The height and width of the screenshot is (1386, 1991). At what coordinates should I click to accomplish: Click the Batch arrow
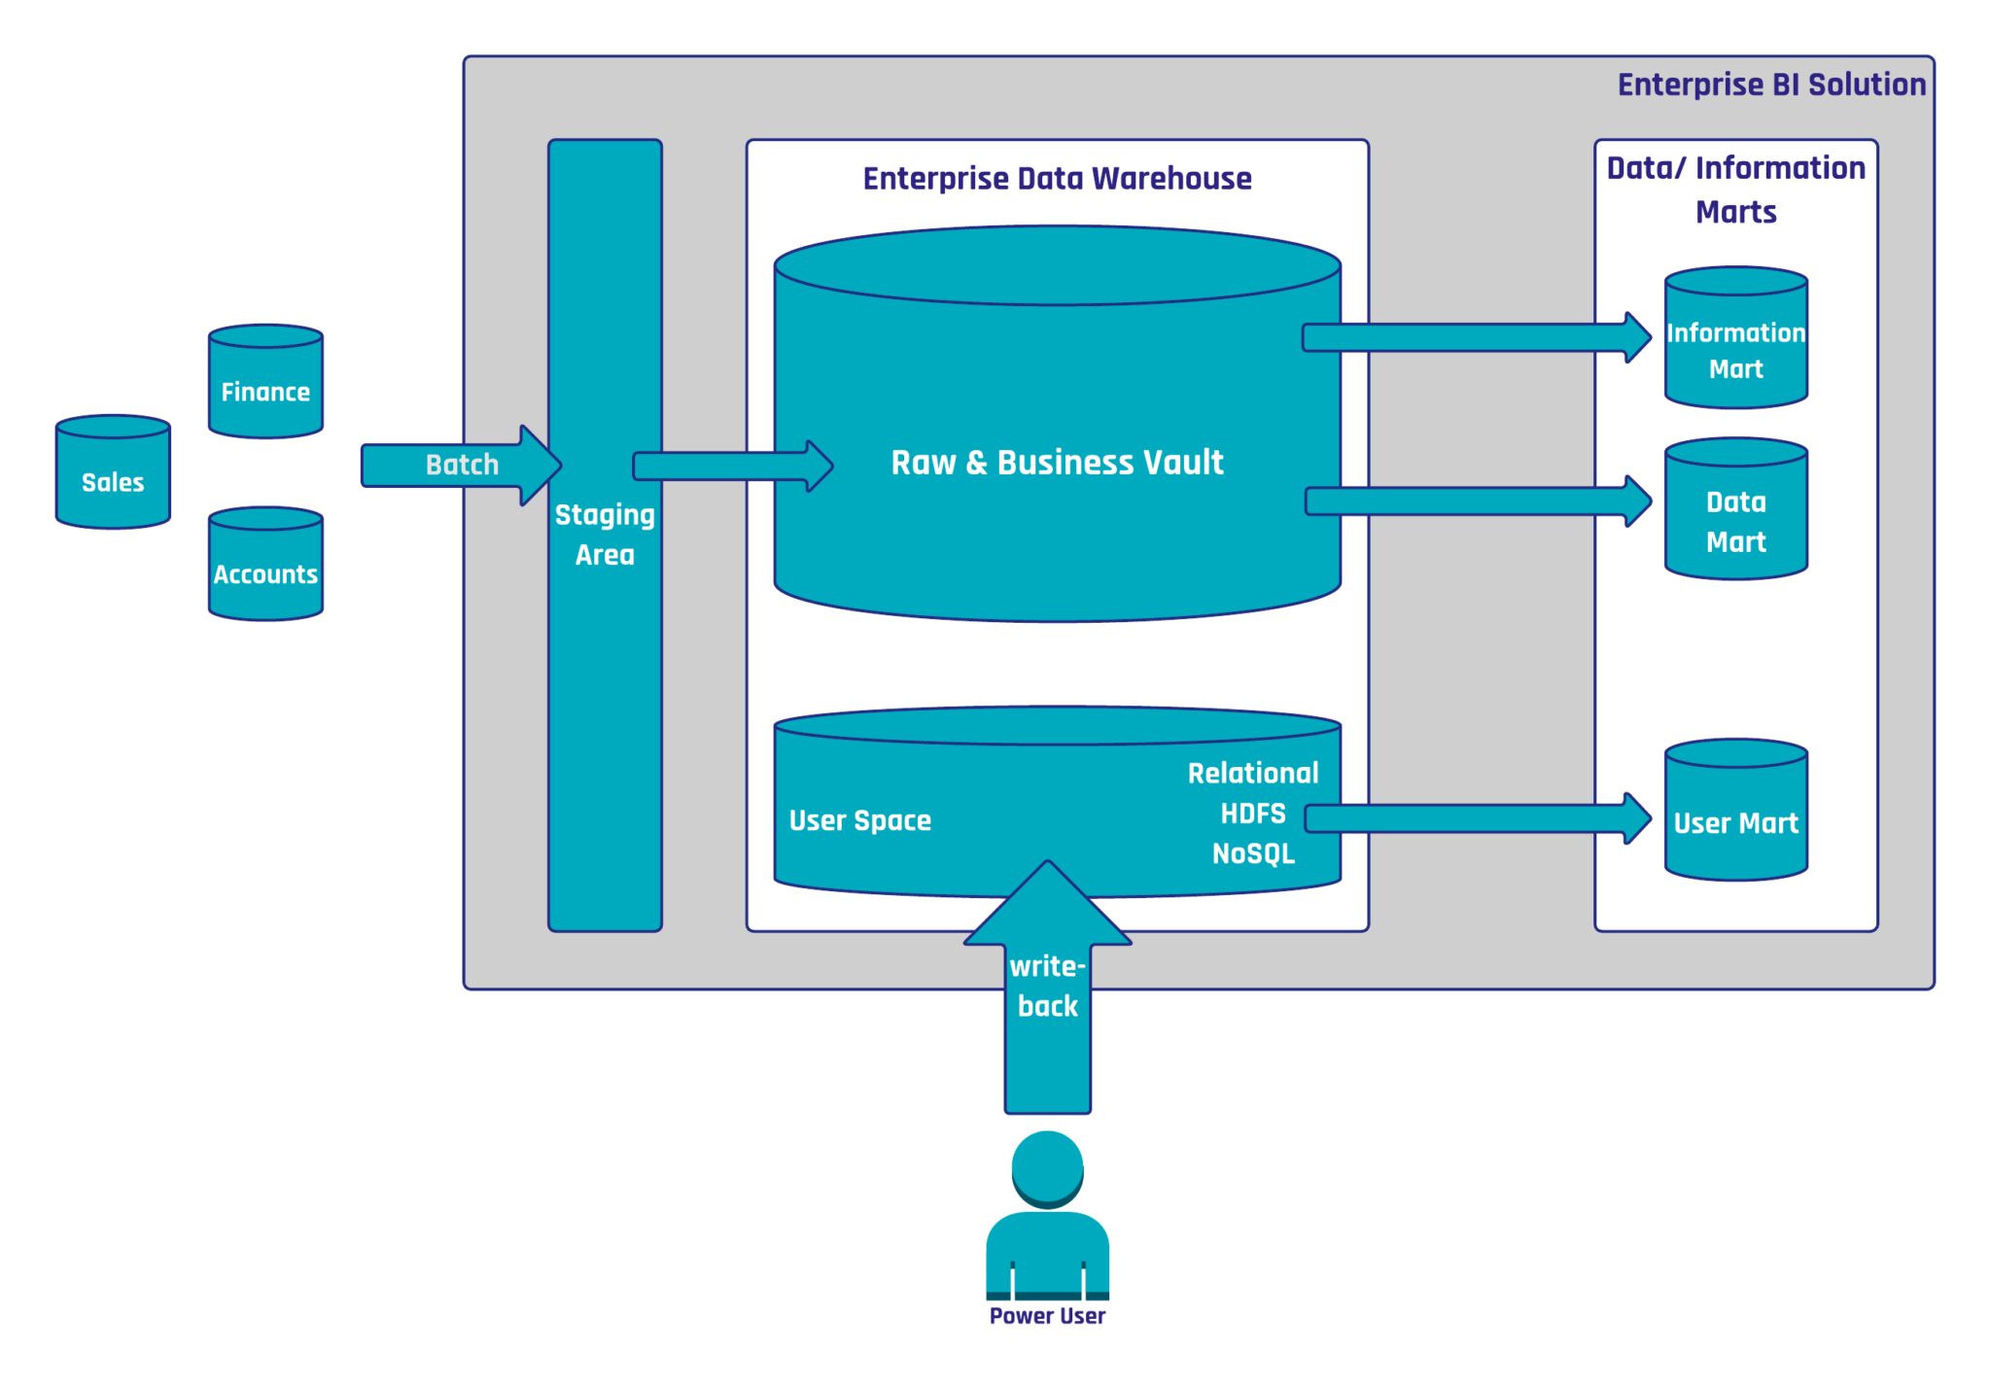pos(461,465)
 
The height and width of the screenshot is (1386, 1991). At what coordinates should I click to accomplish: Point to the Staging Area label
pos(605,534)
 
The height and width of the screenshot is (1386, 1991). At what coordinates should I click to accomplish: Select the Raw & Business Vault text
pos(1057,463)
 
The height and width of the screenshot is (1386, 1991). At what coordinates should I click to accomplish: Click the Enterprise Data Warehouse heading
pos(1057,179)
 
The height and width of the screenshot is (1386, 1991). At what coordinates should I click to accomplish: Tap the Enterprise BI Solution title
pos(1770,86)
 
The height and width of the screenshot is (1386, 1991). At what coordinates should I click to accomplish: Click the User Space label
pos(859,820)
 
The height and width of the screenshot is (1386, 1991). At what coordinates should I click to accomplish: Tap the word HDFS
pos(1253,814)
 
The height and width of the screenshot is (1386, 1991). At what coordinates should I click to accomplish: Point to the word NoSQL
pos(1253,853)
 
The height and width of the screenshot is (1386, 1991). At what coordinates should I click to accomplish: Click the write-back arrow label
pos(1047,986)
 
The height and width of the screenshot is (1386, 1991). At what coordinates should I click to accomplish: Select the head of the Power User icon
pos(1047,1166)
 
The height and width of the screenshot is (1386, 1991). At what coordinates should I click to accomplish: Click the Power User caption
pos(1047,1316)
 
